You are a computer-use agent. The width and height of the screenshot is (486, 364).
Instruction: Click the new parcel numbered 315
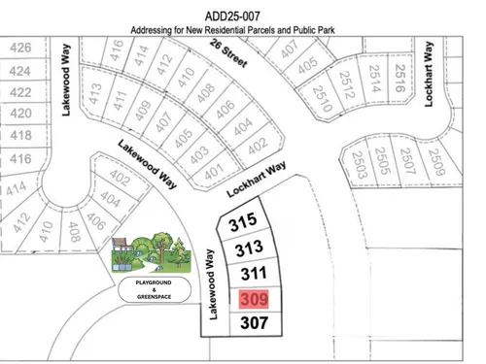point(242,223)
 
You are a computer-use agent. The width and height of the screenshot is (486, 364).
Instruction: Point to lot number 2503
point(361,160)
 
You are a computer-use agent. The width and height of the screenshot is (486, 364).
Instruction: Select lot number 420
point(20,114)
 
